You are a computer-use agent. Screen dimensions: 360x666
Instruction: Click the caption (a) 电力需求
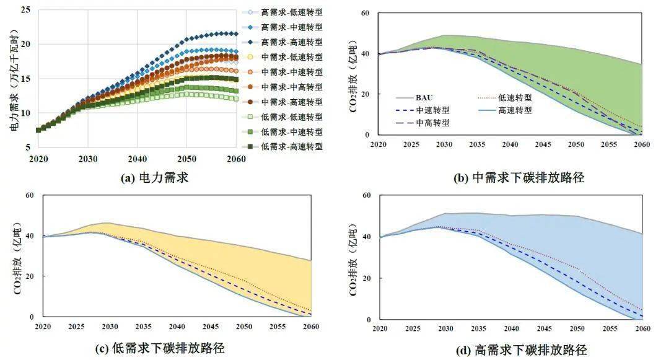coord(154,178)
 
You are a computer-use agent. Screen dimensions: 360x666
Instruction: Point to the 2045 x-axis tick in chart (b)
coord(543,144)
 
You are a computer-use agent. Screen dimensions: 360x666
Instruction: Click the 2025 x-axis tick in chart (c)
coord(76,326)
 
